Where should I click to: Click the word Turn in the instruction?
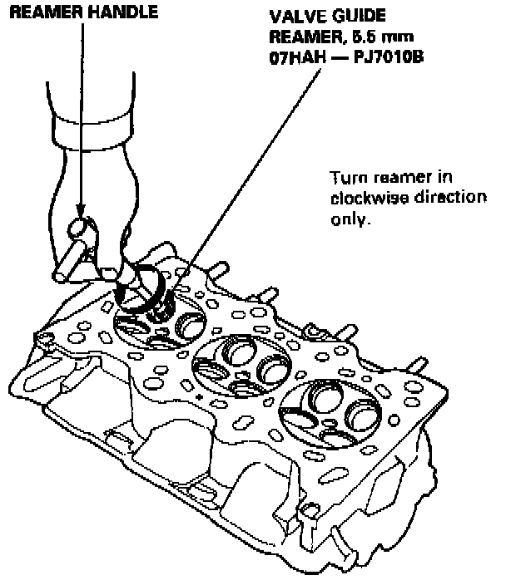345,179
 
